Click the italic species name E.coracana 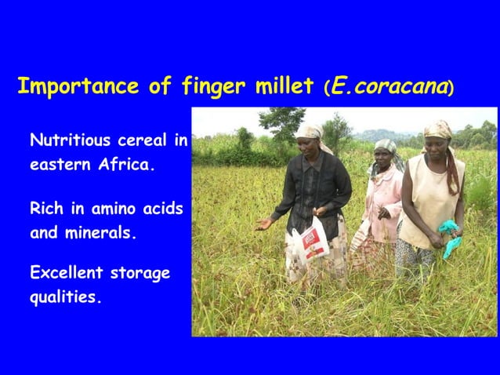click(x=388, y=86)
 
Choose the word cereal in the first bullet click(x=147, y=141)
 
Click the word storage click(x=141, y=274)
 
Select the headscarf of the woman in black click(x=309, y=131)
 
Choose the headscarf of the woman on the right click(x=439, y=129)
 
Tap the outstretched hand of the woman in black click(x=263, y=224)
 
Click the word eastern click(x=56, y=166)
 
